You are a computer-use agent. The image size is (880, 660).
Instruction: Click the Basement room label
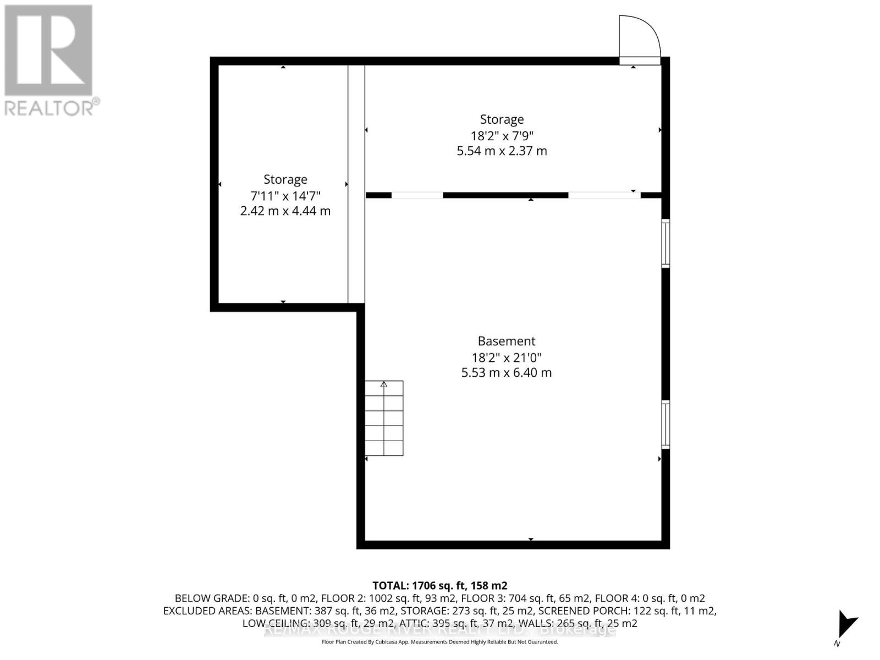tap(506, 341)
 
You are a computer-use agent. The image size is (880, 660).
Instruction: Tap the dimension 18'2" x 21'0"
tap(506, 357)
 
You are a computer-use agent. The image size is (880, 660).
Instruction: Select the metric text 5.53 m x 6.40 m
tap(506, 372)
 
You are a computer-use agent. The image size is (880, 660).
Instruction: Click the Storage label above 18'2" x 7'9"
tap(502, 119)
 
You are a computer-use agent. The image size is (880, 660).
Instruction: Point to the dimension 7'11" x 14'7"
tap(285, 195)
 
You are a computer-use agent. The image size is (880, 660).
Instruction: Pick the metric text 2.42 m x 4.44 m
tap(285, 211)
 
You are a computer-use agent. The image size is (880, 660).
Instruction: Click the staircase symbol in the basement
tap(384, 418)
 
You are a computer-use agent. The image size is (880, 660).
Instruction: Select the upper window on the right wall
tap(665, 243)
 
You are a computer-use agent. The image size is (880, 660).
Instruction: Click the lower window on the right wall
tap(665, 425)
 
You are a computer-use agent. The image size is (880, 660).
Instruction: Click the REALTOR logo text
tap(52, 107)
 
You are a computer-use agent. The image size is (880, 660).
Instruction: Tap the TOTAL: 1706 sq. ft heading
tap(439, 586)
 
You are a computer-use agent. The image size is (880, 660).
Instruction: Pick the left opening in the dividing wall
tap(417, 195)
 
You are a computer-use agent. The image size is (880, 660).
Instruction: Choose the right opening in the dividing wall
tap(604, 195)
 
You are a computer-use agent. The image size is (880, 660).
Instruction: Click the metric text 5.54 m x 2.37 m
tap(502, 151)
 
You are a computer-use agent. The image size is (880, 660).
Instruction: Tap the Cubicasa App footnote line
tap(439, 642)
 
